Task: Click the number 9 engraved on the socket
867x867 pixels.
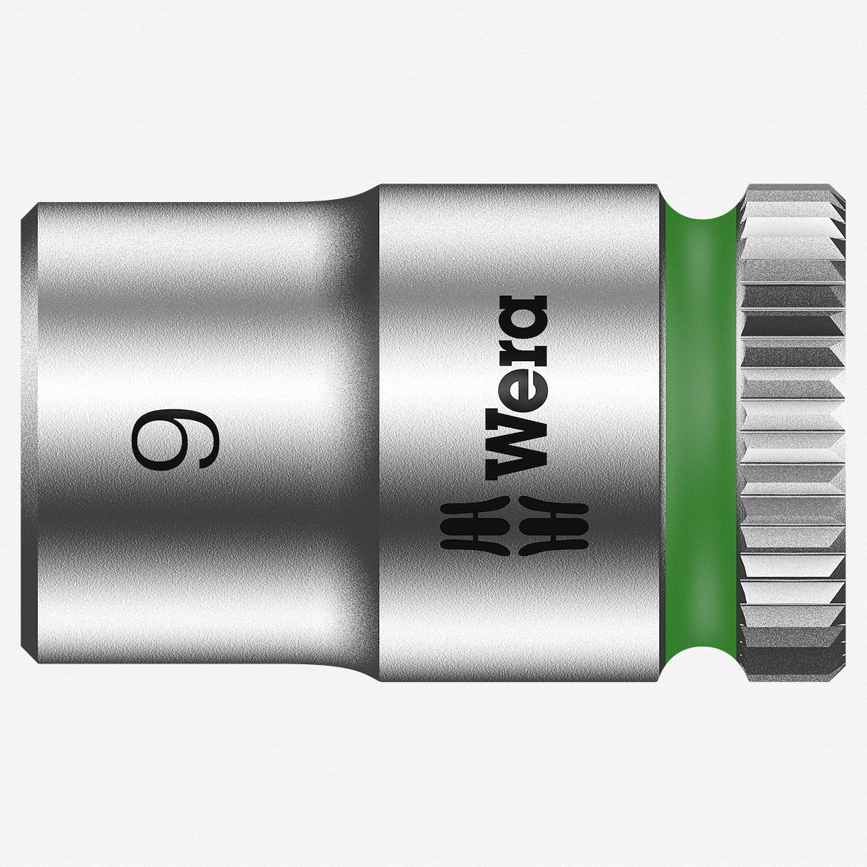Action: click(175, 440)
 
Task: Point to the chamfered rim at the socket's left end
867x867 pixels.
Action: click(28, 435)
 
